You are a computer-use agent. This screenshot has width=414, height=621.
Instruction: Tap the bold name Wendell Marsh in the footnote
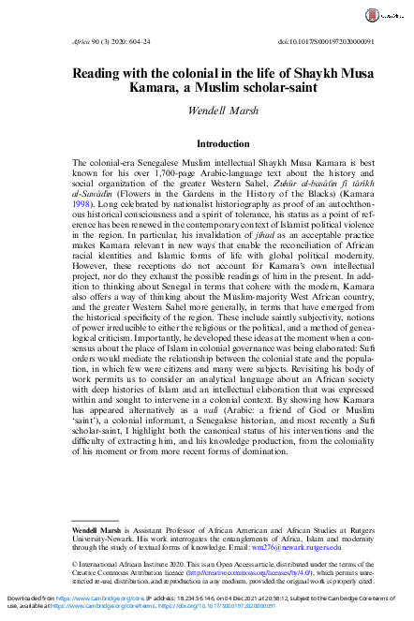(99, 504)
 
